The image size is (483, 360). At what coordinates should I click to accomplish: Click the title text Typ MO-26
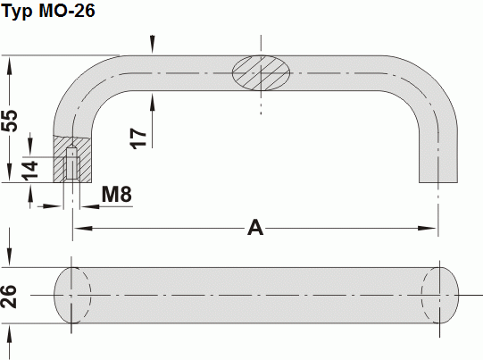[x=49, y=12]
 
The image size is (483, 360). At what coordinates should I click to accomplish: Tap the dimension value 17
[x=137, y=137]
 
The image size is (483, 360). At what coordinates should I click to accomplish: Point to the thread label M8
[x=117, y=194]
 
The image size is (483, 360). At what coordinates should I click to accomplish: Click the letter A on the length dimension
[x=256, y=229]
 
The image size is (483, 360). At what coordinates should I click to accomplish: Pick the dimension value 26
[x=11, y=296]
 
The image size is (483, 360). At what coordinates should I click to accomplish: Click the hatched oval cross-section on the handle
[x=262, y=73]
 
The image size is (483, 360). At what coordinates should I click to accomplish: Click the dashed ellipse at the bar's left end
[x=72, y=295]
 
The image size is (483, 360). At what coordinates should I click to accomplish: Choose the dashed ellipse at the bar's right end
[x=441, y=295]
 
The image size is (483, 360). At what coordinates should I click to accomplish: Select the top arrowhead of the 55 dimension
[x=11, y=63]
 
